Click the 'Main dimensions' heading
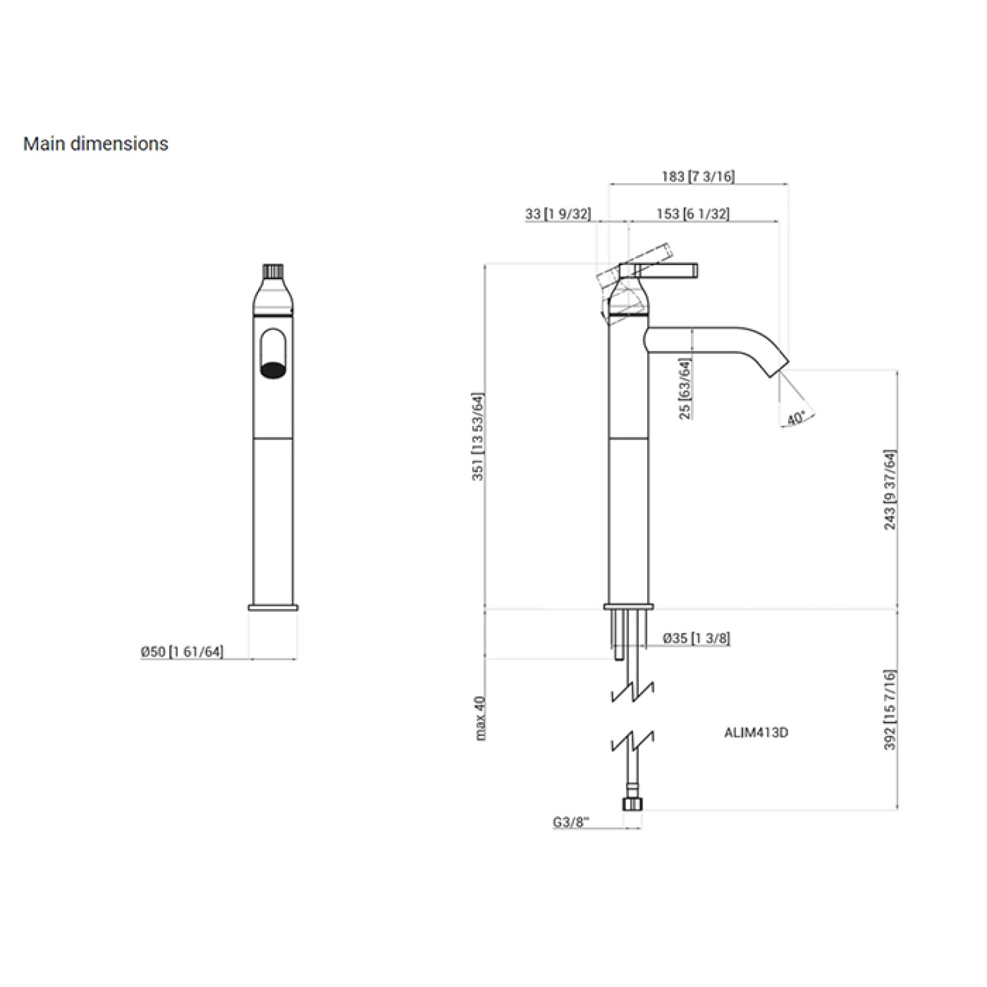pos(96,143)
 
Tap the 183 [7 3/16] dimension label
pos(698,176)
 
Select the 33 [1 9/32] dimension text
pos(558,214)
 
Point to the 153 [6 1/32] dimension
pos(693,214)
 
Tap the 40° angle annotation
pos(796,418)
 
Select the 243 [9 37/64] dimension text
pos(890,490)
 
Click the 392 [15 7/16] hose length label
pos(890,710)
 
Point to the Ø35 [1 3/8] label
pos(696,638)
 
